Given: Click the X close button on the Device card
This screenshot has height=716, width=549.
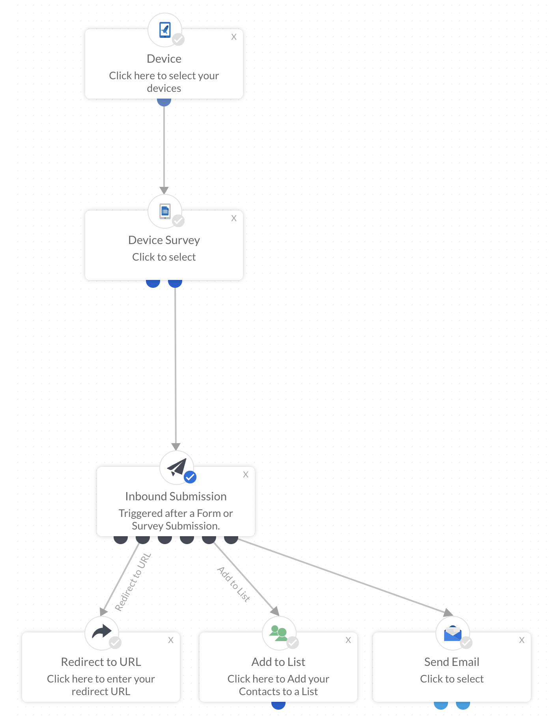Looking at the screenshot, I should point(234,37).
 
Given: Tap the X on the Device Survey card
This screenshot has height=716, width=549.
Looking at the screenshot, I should point(234,218).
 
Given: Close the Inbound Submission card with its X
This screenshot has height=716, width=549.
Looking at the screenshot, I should point(246,475).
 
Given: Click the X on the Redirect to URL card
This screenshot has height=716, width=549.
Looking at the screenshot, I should point(171,640).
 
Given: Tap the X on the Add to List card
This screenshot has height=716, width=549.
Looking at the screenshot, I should point(348,640).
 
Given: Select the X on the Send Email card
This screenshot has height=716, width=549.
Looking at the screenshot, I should point(522,640).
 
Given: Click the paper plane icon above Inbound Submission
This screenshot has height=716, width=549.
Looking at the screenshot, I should point(176,467).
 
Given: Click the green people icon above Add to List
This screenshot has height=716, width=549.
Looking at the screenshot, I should point(278,633).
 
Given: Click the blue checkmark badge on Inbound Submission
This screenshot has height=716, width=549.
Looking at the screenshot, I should point(190,477).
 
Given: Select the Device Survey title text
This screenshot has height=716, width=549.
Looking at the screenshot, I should point(164,240).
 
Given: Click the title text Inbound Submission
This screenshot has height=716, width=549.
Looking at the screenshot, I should point(176,496).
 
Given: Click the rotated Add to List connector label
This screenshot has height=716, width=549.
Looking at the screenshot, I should point(233,584).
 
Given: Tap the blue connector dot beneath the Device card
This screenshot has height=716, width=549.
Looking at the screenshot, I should point(164,102).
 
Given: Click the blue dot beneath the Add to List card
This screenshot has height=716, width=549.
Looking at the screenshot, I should point(278,705).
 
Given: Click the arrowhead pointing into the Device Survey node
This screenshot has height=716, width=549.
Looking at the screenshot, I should point(164,190).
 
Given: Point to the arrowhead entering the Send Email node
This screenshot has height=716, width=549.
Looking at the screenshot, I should point(448,612).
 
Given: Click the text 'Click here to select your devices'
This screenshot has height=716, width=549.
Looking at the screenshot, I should point(164,82).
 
